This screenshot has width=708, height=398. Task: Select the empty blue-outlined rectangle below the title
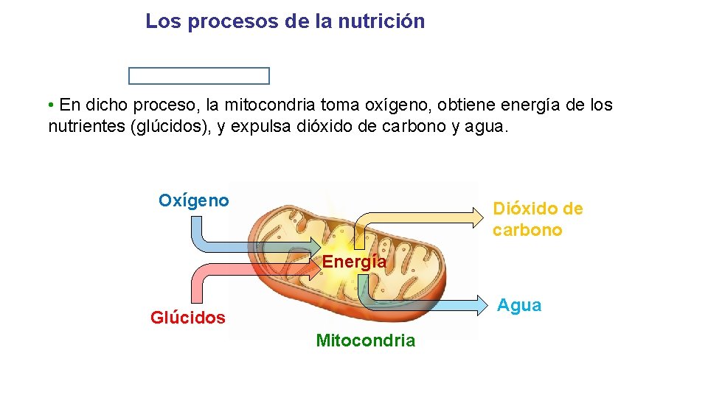[199, 76]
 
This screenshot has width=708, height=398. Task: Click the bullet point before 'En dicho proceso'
[50, 105]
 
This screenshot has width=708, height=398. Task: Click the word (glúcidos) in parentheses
[171, 126]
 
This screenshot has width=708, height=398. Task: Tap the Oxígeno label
[193, 200]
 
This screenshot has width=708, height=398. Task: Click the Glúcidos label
[187, 318]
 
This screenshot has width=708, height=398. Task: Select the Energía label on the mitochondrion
[354, 262]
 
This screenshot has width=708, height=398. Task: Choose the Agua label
[519, 305]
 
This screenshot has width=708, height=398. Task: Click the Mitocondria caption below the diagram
[365, 341]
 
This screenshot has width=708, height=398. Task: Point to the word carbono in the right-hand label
[527, 230]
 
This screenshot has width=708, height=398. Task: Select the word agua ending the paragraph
[485, 126]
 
